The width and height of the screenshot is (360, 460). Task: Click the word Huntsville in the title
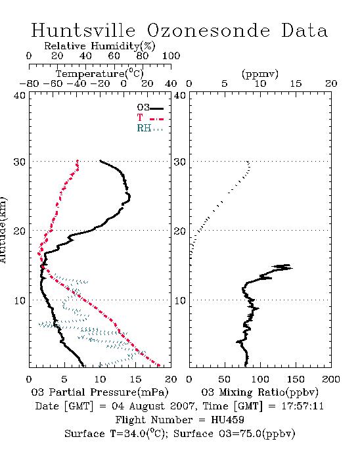tap(83, 30)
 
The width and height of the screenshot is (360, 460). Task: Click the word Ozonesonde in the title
tap(208, 30)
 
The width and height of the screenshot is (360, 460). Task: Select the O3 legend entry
tap(150, 108)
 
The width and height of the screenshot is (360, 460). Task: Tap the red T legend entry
tap(150, 118)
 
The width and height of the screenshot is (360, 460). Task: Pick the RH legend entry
tap(150, 128)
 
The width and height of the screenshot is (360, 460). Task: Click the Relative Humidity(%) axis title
tap(100, 46)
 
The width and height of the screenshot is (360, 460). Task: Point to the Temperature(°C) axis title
tap(100, 74)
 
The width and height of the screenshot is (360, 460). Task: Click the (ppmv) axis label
tap(260, 74)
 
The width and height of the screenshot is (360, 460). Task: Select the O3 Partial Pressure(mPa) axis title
tap(100, 392)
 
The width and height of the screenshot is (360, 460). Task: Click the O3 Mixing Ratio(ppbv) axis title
tap(259, 392)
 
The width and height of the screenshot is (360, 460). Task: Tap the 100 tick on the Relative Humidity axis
tap(171, 56)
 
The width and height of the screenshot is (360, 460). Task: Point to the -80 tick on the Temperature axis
tap(29, 83)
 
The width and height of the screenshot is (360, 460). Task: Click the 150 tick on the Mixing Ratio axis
tap(296, 379)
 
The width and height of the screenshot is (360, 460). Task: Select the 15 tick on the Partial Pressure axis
tap(135, 379)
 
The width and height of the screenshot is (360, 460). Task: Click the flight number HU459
tap(227, 420)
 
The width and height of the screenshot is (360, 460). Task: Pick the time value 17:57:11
tap(303, 406)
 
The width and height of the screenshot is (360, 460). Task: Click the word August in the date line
tap(147, 407)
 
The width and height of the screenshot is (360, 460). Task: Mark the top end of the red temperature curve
tap(78, 161)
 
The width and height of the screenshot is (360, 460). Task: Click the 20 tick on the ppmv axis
tap(331, 83)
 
